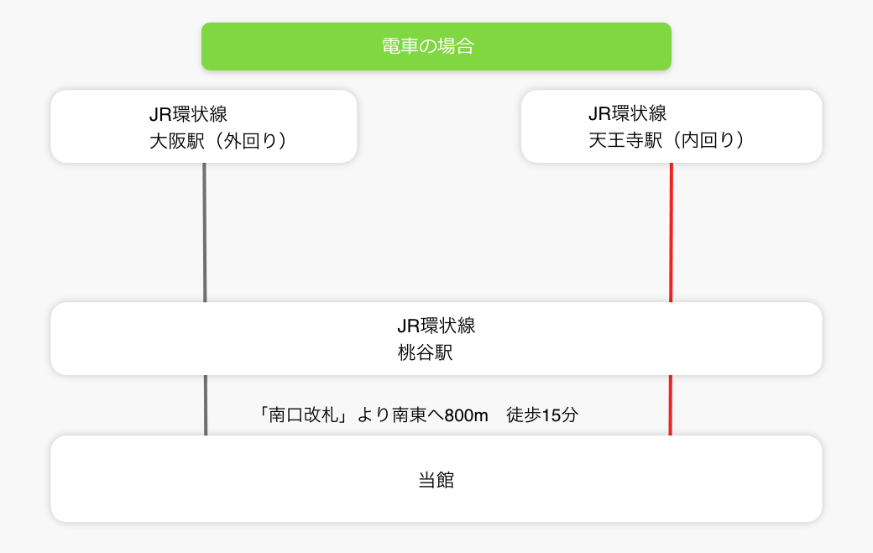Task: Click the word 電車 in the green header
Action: (400, 46)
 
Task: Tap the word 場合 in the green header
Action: (456, 46)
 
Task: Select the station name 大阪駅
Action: (177, 141)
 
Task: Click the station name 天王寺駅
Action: (625, 139)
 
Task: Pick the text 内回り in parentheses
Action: (708, 139)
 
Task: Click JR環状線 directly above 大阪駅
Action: (188, 114)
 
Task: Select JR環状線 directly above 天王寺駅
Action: (628, 113)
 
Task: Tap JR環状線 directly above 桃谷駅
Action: (436, 326)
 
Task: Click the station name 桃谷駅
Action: (426, 352)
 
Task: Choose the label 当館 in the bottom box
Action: (436, 479)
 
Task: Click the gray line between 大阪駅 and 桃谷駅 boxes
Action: (205, 232)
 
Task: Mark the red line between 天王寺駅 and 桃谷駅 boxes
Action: (671, 232)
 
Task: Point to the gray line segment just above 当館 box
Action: (206, 405)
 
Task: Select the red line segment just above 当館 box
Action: (671, 405)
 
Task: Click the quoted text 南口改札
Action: (303, 415)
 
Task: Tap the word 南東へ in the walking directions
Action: (418, 415)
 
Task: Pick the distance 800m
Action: (467, 415)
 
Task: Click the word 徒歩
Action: (523, 415)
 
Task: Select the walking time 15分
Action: (560, 415)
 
